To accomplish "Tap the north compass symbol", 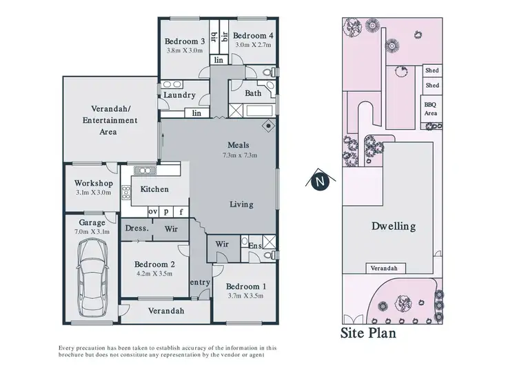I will pyautogui.click(x=318, y=182).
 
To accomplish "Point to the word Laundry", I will pyautogui.click(x=180, y=95).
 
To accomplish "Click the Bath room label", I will pyautogui.click(x=253, y=93).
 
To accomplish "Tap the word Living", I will pyautogui.click(x=241, y=204).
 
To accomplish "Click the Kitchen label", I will pyautogui.click(x=154, y=189).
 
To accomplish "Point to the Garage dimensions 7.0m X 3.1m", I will pyautogui.click(x=92, y=232).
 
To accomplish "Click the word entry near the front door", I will pyautogui.click(x=200, y=282).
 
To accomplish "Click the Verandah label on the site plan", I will pyautogui.click(x=385, y=269).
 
